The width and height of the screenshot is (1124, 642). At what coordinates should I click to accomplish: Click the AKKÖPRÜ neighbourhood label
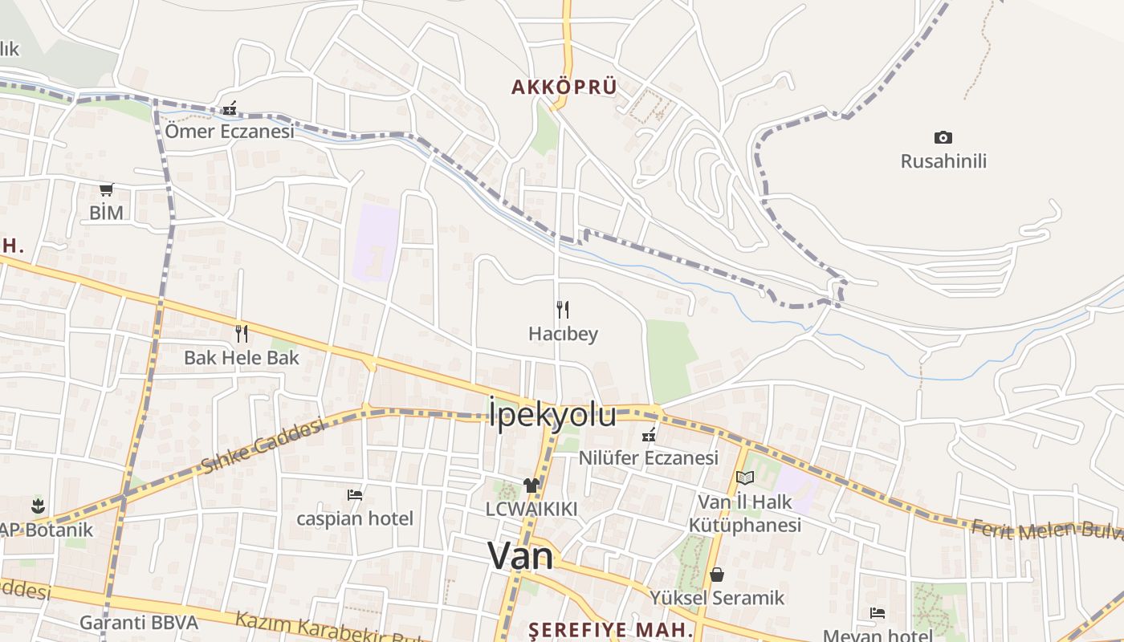click(564, 87)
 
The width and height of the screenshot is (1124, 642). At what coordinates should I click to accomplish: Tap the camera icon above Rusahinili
click(943, 138)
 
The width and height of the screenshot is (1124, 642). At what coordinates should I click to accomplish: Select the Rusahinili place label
click(943, 161)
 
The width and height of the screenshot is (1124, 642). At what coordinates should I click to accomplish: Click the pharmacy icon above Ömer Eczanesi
click(230, 108)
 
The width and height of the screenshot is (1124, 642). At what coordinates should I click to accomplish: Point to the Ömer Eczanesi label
click(230, 131)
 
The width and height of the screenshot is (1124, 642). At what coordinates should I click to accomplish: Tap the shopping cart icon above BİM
click(106, 190)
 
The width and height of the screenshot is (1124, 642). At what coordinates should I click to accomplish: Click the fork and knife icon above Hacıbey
click(563, 310)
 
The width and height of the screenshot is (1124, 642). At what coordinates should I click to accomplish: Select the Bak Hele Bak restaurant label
click(241, 358)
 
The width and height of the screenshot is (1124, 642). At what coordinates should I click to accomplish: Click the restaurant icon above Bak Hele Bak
click(241, 333)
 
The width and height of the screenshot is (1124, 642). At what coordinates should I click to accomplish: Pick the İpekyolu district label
click(552, 415)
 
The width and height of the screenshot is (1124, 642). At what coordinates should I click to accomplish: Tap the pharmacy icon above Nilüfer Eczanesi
click(649, 436)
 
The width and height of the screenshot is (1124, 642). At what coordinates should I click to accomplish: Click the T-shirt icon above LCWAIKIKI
click(531, 485)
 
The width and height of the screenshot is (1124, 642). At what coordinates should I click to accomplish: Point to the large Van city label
click(520, 555)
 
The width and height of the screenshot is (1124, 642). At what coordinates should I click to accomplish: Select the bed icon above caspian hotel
click(355, 495)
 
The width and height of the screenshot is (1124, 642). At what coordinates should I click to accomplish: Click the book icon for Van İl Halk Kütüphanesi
click(745, 478)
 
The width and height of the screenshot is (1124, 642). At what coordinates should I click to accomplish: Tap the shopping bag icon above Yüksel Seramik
click(717, 575)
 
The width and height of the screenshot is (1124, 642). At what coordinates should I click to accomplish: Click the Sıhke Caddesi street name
click(263, 446)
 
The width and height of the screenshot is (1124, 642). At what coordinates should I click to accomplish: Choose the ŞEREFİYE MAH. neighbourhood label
click(610, 629)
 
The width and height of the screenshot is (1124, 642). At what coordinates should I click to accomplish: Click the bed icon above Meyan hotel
click(878, 613)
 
